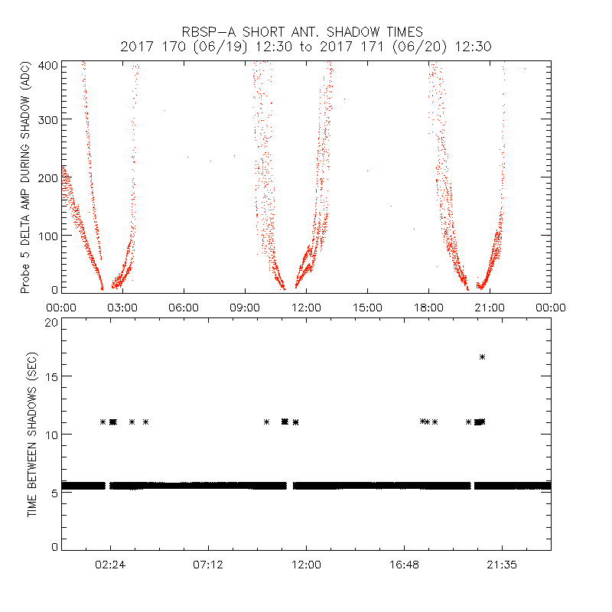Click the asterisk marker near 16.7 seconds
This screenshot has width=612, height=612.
pyautogui.click(x=482, y=356)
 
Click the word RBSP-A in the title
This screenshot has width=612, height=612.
pyautogui.click(x=210, y=32)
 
